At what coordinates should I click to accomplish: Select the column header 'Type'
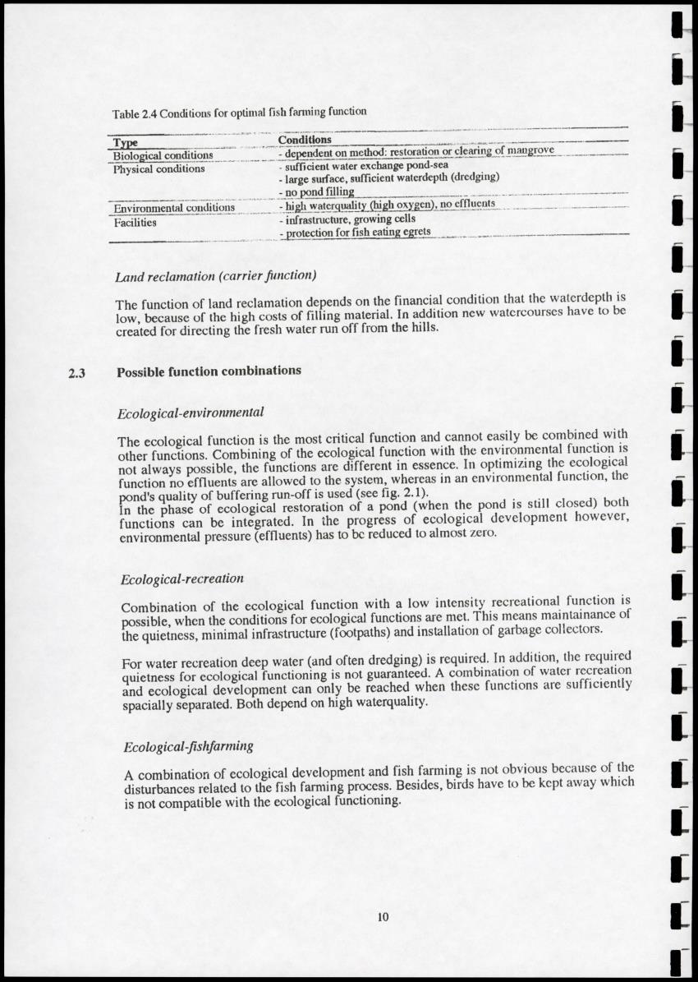coord(124,141)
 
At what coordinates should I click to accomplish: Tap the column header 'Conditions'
coord(305,140)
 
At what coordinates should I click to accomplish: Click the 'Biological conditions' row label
coord(163,154)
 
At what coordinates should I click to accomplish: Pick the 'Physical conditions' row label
coord(158,168)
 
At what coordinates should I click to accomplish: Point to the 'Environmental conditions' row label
coord(174,207)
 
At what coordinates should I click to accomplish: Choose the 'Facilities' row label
coord(135,221)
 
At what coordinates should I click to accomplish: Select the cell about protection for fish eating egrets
coord(355,233)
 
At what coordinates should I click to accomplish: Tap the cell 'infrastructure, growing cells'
coord(350,219)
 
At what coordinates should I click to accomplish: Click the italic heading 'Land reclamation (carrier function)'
coord(217,274)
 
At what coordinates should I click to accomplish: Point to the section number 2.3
coord(77,374)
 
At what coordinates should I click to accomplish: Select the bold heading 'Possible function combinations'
coord(209,371)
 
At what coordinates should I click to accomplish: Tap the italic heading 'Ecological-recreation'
coord(181,579)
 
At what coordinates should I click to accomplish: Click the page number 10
coord(382,917)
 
